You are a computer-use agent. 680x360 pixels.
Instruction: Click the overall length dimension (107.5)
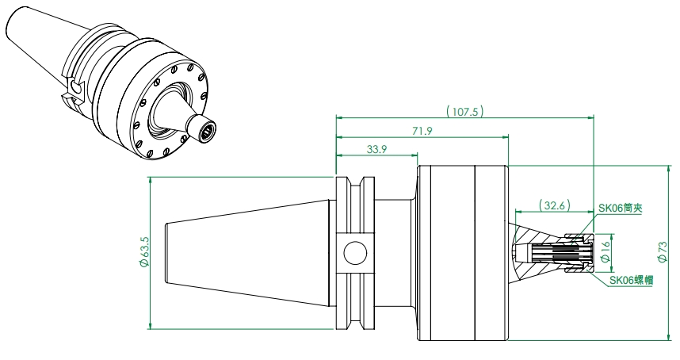pyautogui.click(x=465, y=112)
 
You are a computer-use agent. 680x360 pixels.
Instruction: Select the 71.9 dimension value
pyautogui.click(x=422, y=131)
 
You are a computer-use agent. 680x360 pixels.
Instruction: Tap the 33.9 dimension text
pyautogui.click(x=376, y=149)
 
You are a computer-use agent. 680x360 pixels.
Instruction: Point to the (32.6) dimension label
pyautogui.click(x=554, y=205)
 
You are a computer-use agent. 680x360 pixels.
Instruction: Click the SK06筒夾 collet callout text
pyautogui.click(x=620, y=208)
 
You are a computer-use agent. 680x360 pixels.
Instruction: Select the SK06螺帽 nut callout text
pyautogui.click(x=632, y=280)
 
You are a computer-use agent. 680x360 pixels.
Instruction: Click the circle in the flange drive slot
pyautogui.click(x=355, y=253)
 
